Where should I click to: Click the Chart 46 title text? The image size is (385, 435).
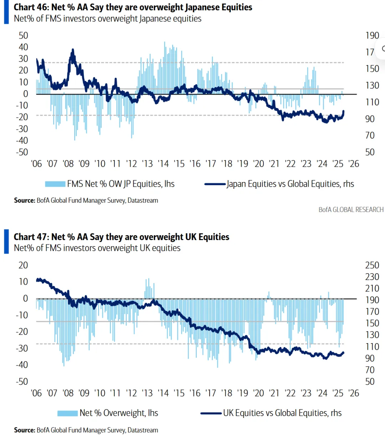(133, 7)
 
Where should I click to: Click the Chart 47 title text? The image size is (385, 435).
(121, 237)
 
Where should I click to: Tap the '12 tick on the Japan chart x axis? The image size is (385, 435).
(131, 164)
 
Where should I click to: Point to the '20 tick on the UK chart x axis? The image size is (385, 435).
(258, 393)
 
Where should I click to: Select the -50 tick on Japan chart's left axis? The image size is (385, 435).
(22, 152)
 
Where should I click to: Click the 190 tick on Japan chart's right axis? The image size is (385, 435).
(372, 36)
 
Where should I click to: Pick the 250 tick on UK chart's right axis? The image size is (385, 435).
(372, 265)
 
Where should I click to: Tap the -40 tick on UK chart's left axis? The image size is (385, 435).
(22, 365)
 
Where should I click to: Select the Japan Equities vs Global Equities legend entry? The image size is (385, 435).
(290, 184)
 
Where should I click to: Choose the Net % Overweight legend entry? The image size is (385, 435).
(118, 413)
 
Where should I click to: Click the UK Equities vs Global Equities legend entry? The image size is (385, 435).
(282, 413)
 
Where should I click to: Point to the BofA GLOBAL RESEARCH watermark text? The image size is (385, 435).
(351, 210)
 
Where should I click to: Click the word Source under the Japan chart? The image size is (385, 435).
(24, 201)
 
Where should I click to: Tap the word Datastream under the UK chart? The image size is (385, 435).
(143, 430)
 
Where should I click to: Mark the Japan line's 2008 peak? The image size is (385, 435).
(73, 50)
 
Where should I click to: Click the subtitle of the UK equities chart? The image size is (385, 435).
(97, 248)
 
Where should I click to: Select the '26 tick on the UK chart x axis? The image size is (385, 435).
(353, 393)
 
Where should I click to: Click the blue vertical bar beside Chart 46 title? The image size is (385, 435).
(6, 12)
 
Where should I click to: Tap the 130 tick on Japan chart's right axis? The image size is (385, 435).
(372, 86)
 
